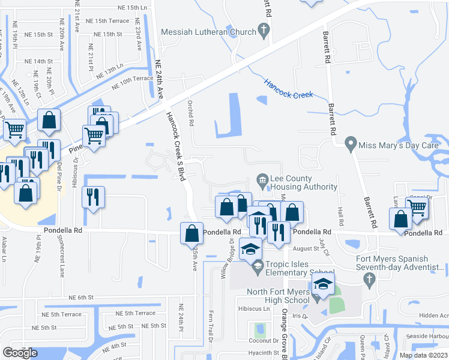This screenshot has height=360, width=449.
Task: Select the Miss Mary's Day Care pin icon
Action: [351, 145]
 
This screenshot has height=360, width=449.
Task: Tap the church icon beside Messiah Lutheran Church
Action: [262, 29]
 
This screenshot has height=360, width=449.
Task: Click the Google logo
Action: [20, 353]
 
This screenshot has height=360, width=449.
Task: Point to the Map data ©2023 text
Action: [423, 355]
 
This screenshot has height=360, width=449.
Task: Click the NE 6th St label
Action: [82, 298]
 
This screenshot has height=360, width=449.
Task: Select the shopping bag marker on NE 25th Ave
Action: [191, 232]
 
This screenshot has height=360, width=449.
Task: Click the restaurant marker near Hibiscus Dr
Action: [93, 197]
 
